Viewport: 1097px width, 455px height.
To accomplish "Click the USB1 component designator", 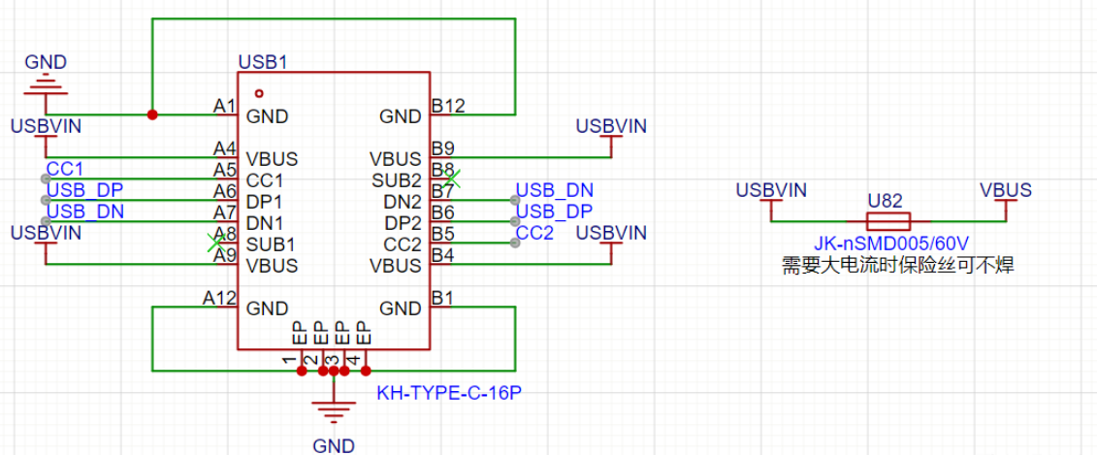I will tap(263, 62).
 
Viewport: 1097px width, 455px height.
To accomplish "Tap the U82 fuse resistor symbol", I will tap(887, 221).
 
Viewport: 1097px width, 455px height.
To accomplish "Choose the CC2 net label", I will tap(535, 233).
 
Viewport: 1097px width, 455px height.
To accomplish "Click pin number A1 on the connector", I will tap(225, 105).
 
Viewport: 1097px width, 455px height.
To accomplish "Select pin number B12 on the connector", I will tap(449, 105).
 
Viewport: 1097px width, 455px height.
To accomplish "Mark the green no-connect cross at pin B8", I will tap(450, 179).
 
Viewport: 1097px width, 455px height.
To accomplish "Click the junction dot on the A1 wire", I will tap(152, 115).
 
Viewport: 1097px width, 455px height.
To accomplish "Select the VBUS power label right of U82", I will tap(1006, 190).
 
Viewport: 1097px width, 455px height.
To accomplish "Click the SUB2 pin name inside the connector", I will tap(397, 179).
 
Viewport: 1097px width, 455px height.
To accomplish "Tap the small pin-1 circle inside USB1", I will tap(259, 93).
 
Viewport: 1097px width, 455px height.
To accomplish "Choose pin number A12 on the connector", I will tap(219, 298).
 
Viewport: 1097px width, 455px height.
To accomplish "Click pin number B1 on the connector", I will tap(443, 298).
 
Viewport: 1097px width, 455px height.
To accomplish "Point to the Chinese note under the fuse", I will tap(898, 265).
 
